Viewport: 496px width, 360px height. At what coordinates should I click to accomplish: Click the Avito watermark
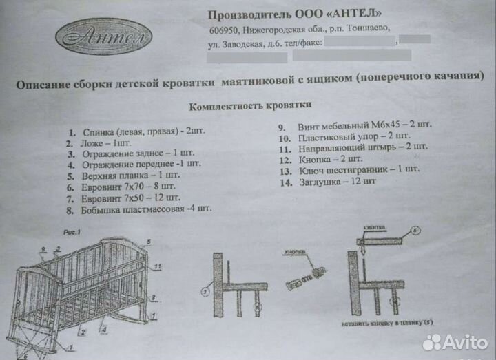click(455, 341)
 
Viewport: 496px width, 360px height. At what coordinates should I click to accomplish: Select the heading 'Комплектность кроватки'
click(249, 106)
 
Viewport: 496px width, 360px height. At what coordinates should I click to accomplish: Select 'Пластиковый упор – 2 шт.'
click(352, 137)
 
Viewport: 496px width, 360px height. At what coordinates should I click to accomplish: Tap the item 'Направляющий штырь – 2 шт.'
click(362, 147)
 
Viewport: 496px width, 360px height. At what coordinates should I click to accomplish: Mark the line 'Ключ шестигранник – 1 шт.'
click(358, 169)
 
